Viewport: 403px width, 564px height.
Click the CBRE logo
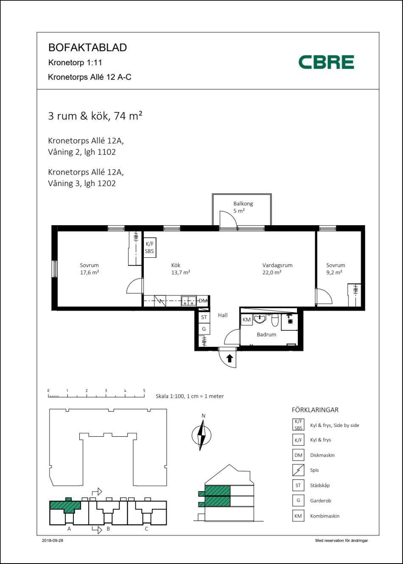point(326,62)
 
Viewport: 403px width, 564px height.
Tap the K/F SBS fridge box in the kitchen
point(150,248)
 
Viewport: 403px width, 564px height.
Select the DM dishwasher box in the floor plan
point(203,301)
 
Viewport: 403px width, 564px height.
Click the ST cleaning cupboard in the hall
point(204,317)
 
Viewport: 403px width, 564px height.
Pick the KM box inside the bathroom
point(246,320)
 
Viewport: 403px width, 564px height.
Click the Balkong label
point(243,204)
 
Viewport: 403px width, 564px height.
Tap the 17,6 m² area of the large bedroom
point(90,272)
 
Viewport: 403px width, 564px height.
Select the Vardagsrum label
point(277,265)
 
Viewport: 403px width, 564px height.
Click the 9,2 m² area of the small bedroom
point(334,272)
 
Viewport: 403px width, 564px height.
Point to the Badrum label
point(266,334)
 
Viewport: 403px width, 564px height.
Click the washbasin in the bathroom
point(260,319)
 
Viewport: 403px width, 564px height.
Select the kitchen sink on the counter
point(189,301)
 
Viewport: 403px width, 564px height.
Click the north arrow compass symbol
point(201,435)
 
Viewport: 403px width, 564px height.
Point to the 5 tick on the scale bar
point(144,391)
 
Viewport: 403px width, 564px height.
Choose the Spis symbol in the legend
point(298,470)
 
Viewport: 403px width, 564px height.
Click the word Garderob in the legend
point(320,500)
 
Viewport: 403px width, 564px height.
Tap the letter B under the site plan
point(108,529)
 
